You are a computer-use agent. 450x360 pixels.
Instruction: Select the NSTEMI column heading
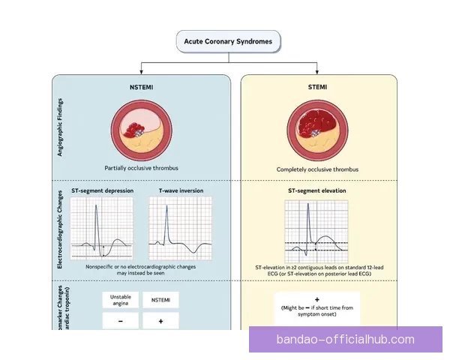pos(141,87)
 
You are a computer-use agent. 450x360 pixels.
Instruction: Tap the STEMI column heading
pos(316,87)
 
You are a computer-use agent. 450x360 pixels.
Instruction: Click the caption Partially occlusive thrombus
pos(141,169)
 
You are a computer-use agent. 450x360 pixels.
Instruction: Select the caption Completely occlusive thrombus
pos(316,170)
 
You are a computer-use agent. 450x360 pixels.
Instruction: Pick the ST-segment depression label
pos(102,191)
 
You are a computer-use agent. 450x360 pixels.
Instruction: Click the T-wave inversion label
pos(180,191)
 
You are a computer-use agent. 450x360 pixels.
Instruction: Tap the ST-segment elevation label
pos(317,191)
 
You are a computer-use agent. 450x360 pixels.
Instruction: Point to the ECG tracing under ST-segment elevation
pos(317,232)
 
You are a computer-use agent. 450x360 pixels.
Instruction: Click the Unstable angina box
pos(121,300)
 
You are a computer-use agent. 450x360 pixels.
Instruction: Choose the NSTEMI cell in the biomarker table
pos(160,300)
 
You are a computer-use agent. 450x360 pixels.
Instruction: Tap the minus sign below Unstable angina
pos(121,321)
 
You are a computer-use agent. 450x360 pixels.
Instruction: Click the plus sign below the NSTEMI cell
pos(160,321)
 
